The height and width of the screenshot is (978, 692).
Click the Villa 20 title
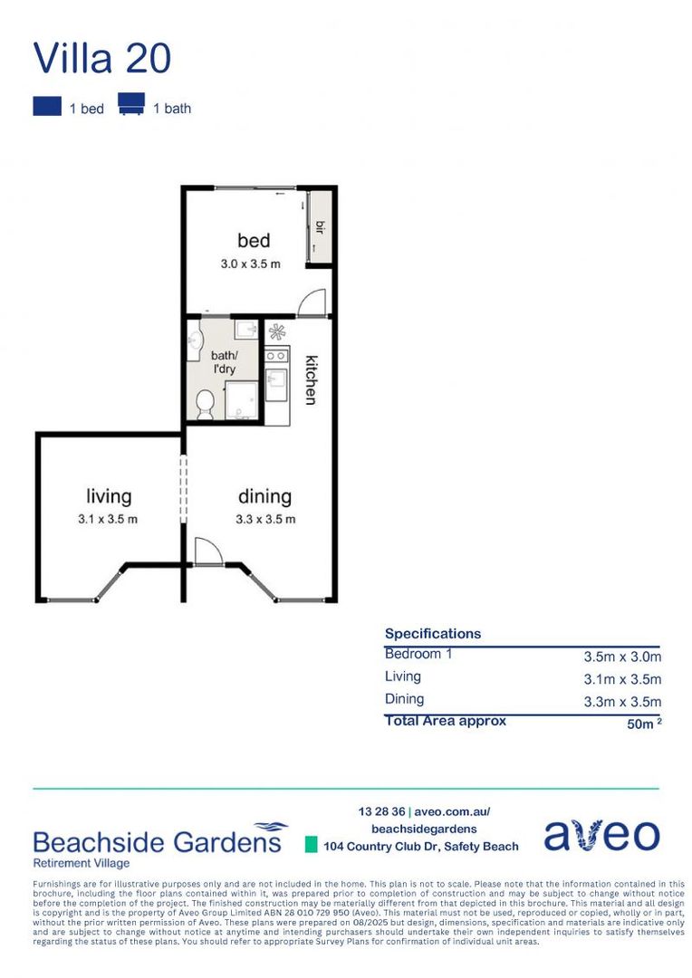[101, 58]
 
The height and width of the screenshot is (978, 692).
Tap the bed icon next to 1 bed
[46, 107]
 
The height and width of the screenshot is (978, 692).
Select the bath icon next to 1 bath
[131, 105]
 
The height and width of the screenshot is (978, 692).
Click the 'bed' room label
[254, 240]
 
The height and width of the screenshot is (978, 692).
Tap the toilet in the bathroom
[205, 402]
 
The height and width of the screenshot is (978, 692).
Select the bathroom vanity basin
[194, 340]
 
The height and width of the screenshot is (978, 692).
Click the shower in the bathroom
[240, 400]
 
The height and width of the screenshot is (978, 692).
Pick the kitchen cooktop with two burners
[277, 356]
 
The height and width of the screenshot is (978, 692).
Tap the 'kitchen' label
[310, 378]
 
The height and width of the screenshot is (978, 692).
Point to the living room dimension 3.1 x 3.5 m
[109, 519]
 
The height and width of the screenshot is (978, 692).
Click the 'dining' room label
[264, 496]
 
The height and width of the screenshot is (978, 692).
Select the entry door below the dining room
[208, 552]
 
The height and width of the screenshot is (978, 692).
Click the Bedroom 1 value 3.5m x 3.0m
[622, 657]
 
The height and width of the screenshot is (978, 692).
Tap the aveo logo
[601, 836]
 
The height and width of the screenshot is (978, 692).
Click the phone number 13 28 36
[381, 811]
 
